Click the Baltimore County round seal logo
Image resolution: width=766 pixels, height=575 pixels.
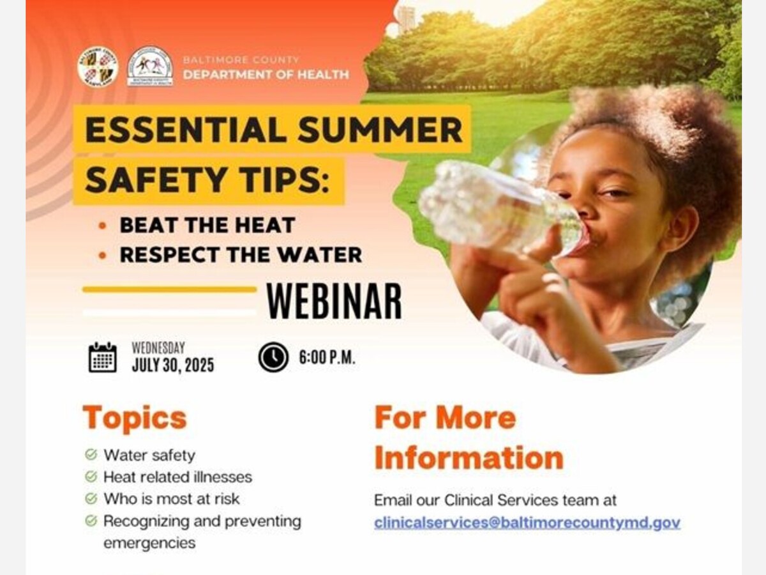(x=98, y=67)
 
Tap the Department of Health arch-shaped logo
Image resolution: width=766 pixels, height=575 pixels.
(x=150, y=66)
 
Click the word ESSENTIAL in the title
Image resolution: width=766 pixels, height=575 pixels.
(x=186, y=130)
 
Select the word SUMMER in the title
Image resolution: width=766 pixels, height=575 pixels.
(x=380, y=130)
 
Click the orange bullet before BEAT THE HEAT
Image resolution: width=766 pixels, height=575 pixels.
(x=102, y=226)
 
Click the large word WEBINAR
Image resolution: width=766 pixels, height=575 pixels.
(x=334, y=301)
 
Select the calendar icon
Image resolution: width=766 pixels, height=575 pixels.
(x=103, y=357)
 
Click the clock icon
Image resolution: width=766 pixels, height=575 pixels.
(x=273, y=356)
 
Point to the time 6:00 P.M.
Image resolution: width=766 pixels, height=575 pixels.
(x=327, y=358)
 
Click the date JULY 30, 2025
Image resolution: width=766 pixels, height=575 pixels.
(x=173, y=365)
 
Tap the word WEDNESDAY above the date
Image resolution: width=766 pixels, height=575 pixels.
(x=158, y=348)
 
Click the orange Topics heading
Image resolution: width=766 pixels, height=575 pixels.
(x=135, y=418)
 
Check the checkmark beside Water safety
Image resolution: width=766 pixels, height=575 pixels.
(x=91, y=454)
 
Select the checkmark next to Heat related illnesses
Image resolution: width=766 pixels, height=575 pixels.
(x=91, y=477)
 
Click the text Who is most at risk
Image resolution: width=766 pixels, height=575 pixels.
(x=172, y=499)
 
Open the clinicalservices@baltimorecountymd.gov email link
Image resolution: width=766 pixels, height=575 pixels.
(x=527, y=523)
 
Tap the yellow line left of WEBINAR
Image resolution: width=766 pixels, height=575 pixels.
(x=170, y=289)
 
